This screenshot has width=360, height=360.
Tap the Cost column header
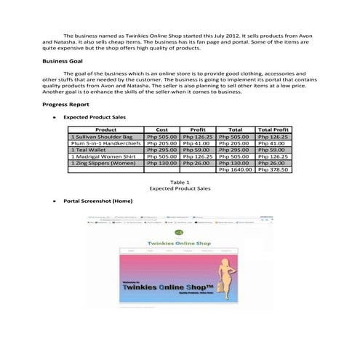click(162, 129)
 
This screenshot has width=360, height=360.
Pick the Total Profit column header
click(273, 129)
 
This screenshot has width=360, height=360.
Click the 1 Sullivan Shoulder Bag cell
click(102, 137)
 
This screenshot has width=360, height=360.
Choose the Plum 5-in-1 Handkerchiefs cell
click(107, 145)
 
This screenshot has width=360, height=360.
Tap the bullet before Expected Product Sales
click(47, 116)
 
